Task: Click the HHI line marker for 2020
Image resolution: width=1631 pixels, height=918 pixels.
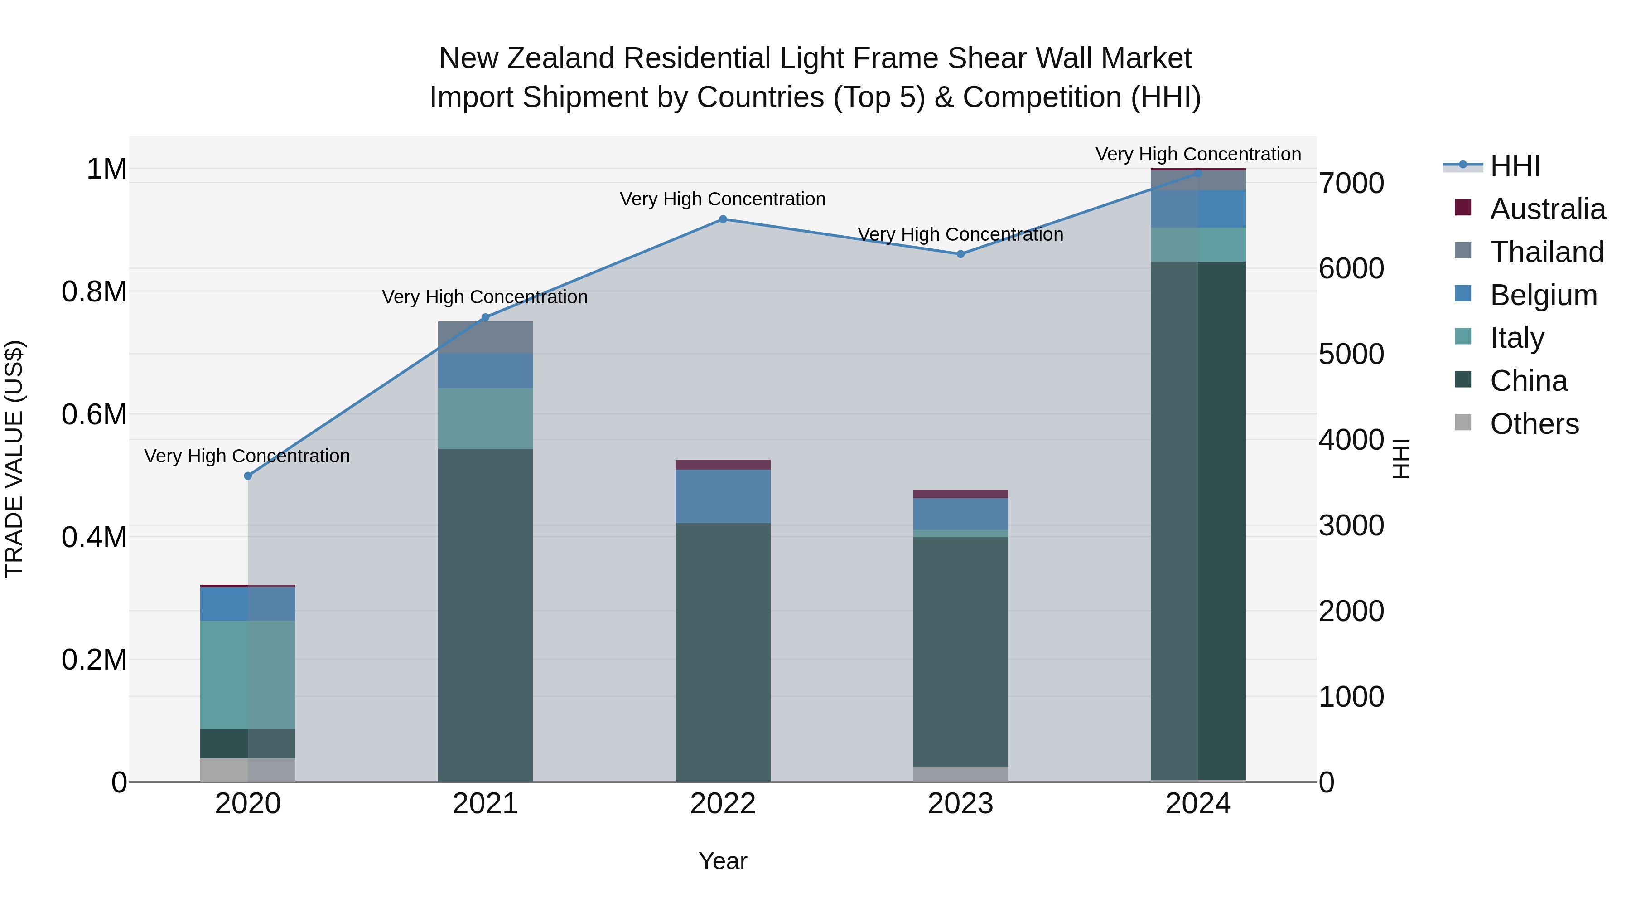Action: tap(247, 476)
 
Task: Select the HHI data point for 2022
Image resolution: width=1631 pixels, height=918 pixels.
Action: tap(723, 219)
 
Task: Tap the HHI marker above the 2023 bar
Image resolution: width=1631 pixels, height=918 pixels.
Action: tap(960, 254)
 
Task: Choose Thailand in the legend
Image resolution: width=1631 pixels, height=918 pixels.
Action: tap(1546, 252)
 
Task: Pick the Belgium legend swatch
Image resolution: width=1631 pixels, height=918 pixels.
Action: tap(1463, 294)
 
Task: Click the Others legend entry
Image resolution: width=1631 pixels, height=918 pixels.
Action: tap(1534, 423)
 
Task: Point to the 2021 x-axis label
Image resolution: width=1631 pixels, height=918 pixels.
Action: tap(485, 804)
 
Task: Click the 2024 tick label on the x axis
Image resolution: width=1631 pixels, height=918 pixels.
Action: tap(1197, 804)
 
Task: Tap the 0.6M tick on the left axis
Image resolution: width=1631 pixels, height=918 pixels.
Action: tap(94, 414)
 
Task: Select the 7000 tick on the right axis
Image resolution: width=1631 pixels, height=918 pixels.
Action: tap(1351, 183)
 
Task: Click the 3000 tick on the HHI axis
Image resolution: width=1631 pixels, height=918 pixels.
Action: tap(1351, 525)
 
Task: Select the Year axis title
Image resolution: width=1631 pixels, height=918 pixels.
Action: tap(723, 861)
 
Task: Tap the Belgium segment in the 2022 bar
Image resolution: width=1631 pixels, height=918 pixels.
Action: tap(723, 496)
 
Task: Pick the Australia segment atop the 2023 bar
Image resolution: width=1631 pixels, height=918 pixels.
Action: tap(960, 494)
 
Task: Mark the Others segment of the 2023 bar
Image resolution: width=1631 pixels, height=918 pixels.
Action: tap(960, 774)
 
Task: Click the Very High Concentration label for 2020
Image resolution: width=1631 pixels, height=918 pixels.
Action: tap(247, 456)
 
